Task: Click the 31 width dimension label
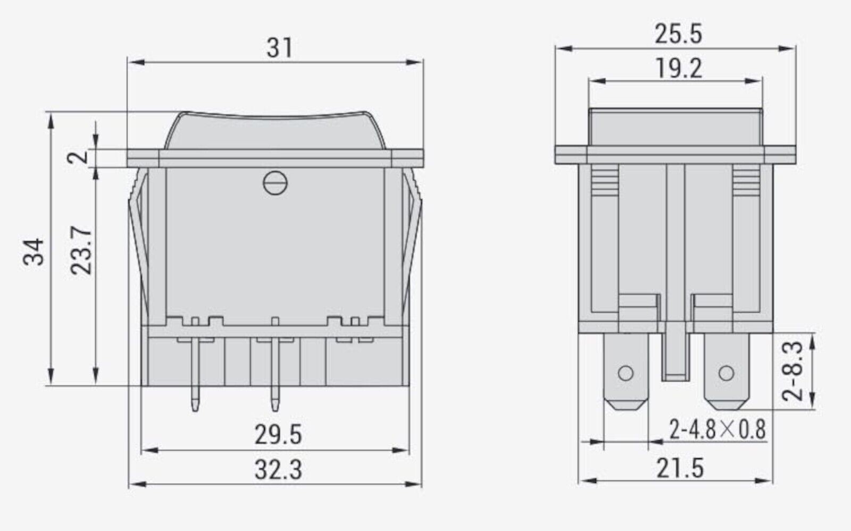point(280,48)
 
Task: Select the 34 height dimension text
point(35,251)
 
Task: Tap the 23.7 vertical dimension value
point(82,251)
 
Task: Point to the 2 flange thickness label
point(80,157)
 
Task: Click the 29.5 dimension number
point(278,435)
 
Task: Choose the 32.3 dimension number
point(278,470)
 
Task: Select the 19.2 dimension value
point(678,69)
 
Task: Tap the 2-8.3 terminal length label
point(792,371)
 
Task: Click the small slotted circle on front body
point(275,183)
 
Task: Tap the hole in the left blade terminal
point(626,373)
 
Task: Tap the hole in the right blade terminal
point(725,373)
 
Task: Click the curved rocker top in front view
point(275,130)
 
